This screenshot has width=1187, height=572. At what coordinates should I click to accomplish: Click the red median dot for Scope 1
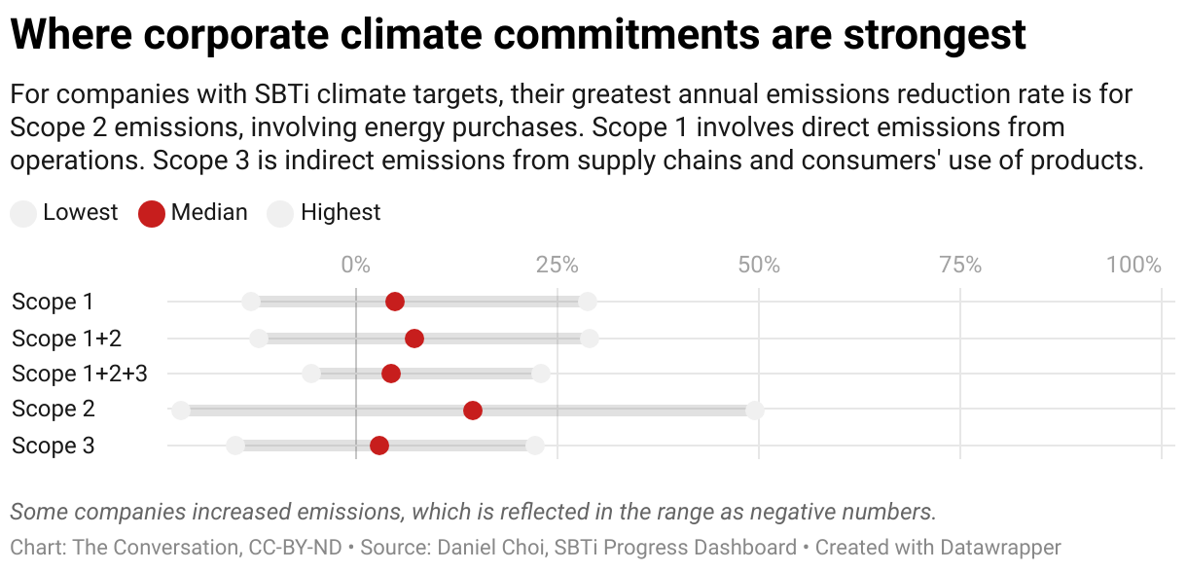point(395,302)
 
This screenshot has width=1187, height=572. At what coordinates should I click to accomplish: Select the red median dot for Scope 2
point(473,411)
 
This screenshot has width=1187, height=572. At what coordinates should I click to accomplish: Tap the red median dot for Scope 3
point(379,446)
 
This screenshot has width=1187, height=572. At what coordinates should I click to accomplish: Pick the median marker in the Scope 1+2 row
point(414,339)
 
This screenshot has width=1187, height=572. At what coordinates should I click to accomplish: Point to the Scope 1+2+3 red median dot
point(391,374)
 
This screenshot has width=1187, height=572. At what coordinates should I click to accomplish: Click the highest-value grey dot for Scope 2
point(755,411)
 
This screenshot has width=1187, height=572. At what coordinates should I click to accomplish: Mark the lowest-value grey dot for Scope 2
point(181,411)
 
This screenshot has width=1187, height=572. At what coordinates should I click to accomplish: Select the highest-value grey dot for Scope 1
point(588,302)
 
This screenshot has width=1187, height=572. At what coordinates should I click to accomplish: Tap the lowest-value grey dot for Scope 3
point(235,446)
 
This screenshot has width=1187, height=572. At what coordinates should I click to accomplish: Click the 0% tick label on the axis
point(356,265)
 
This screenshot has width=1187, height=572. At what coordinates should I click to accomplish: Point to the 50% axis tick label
point(759,265)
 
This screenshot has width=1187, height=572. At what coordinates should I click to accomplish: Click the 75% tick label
point(960,265)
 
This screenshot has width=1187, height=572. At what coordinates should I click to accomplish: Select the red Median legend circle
point(152,214)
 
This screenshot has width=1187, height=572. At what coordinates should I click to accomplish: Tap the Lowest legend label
point(80,213)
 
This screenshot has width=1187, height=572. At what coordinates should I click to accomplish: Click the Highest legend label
point(341,213)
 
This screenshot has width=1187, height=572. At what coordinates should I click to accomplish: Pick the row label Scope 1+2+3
point(79,374)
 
